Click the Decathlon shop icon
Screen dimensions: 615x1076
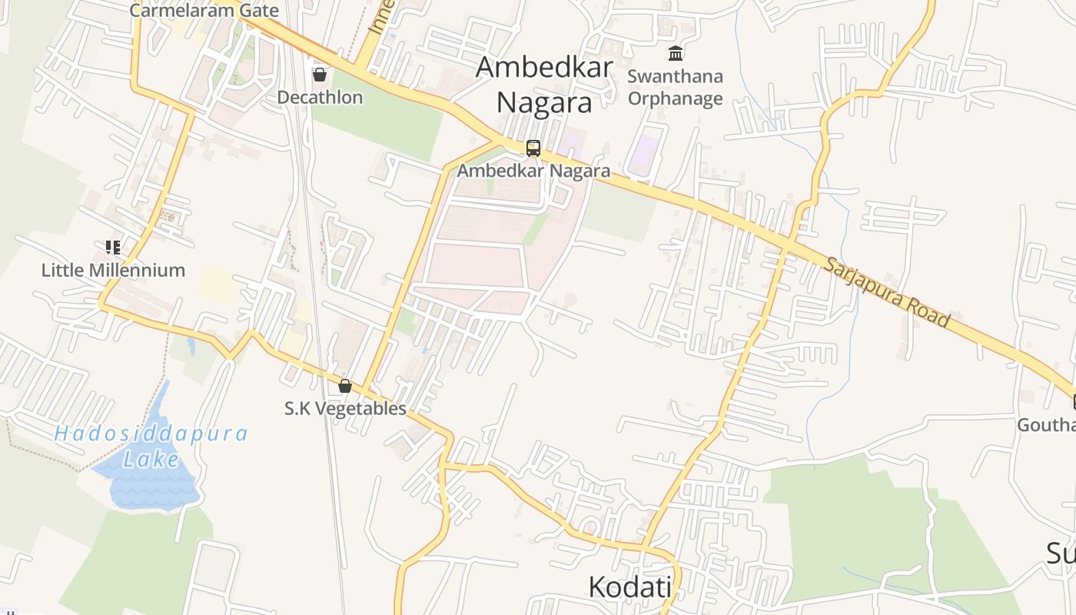319,75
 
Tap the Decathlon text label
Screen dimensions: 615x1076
320,98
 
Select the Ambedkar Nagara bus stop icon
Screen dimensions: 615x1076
533,148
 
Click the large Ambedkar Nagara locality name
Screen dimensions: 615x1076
544,85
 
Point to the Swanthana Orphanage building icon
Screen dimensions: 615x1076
676,53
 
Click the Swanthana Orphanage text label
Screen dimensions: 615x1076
676,88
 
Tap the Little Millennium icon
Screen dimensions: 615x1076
113,247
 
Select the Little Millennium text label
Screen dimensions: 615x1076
113,271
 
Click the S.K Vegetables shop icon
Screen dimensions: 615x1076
345,385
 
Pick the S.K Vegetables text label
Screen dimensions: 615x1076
345,408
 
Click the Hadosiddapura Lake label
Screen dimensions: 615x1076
151,446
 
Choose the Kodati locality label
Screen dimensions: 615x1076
629,587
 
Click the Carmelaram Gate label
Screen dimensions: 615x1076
204,11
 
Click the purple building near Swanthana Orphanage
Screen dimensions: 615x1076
645,155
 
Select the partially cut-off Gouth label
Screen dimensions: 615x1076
1046,425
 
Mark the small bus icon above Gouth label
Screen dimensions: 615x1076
1073,401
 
